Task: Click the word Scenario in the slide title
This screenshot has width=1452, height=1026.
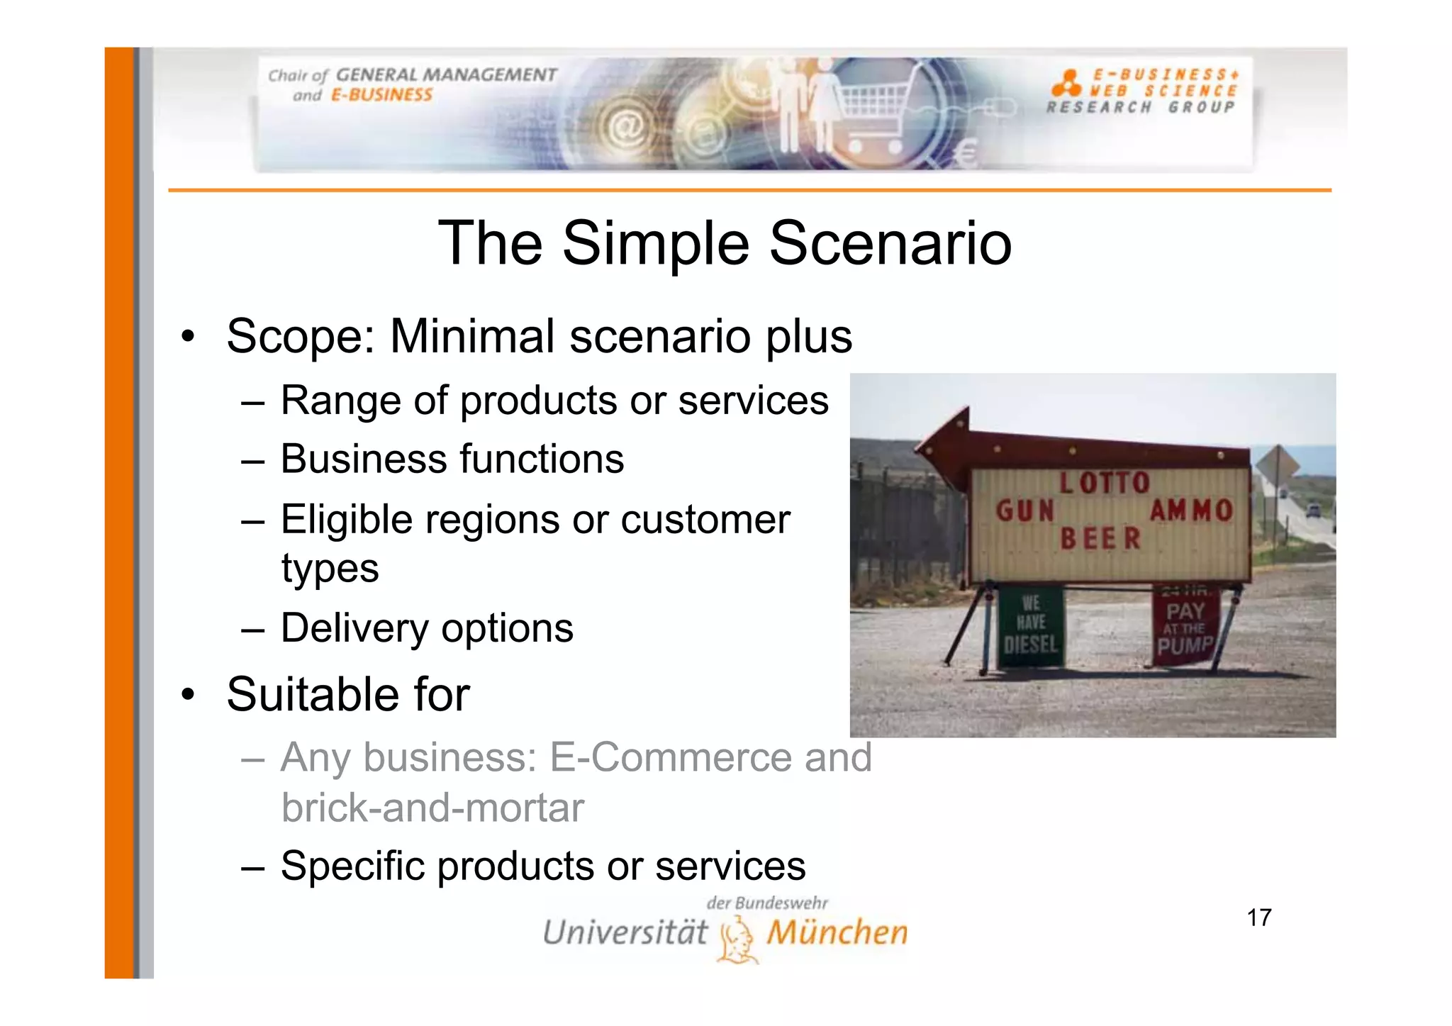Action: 890,243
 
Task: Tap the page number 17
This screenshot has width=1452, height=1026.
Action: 1258,918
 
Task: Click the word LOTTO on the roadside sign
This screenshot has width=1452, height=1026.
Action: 1104,483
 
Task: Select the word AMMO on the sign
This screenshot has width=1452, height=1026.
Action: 1191,510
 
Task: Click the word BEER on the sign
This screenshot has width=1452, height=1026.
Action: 1100,539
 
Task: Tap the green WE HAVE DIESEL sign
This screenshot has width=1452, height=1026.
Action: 1030,625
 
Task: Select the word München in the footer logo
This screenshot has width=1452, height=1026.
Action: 837,932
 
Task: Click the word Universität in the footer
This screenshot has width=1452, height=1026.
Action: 625,932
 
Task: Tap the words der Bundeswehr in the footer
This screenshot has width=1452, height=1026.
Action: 766,903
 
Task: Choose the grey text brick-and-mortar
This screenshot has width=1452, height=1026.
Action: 432,808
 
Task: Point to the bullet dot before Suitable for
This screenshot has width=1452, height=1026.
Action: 187,693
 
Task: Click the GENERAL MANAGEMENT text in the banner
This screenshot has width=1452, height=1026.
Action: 446,74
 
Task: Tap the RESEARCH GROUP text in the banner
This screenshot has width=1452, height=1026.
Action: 1140,107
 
